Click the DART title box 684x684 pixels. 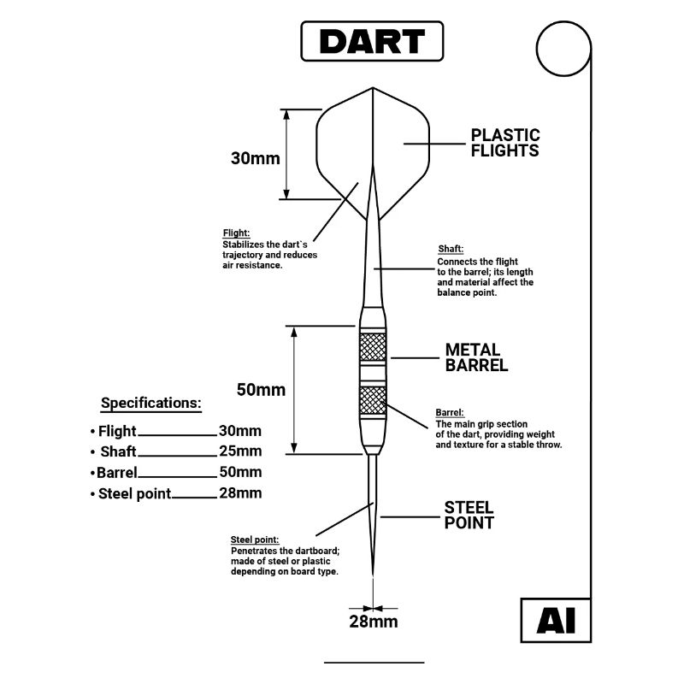373,41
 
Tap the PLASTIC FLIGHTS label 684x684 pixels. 505,143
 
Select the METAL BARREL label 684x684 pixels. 477,357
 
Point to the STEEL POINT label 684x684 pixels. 469,515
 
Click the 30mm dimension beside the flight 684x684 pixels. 255,158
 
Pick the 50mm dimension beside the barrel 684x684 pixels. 260,390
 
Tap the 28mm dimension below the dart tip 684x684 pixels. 374,622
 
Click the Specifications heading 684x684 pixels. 151,403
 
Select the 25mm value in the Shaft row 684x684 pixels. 240,451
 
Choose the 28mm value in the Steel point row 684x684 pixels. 240,492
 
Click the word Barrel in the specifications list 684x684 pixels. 117,472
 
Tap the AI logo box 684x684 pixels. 555,622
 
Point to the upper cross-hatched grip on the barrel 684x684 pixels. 373,346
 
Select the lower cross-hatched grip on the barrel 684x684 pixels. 373,398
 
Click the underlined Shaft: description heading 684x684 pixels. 451,249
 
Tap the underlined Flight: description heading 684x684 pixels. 236,233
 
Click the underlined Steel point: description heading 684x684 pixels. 255,540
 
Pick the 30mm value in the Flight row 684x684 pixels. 240,431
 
